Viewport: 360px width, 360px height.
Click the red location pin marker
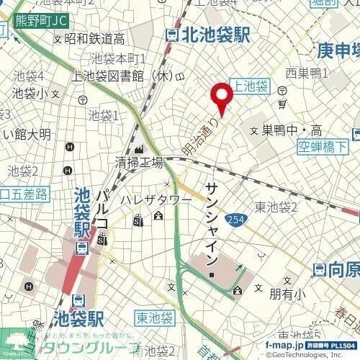tap(221, 96)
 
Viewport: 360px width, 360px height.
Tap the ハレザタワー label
tap(156, 199)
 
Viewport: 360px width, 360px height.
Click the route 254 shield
tap(235, 219)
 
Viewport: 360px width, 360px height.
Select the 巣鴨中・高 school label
tap(291, 131)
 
